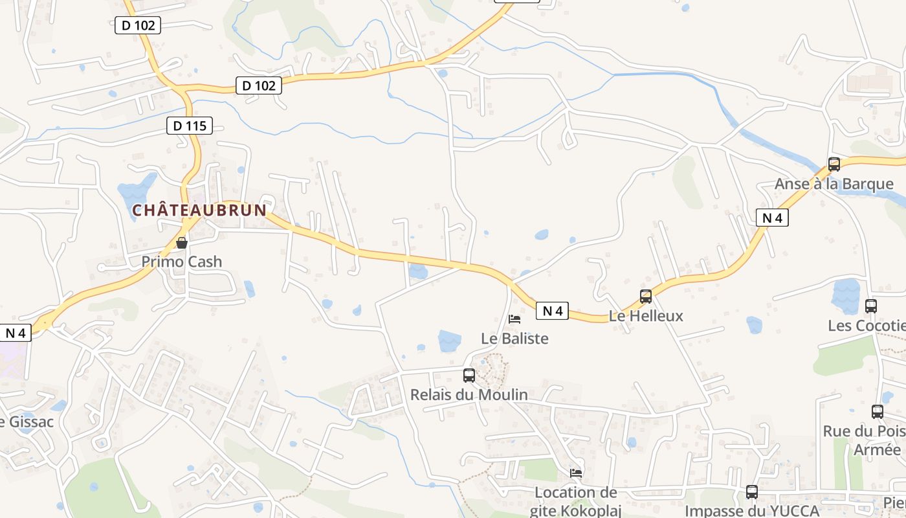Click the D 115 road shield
pyautogui.click(x=190, y=126)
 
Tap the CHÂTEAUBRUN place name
pyautogui.click(x=199, y=210)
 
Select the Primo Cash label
pyautogui.click(x=182, y=262)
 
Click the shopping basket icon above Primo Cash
pyautogui.click(x=182, y=243)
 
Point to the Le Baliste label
pyautogui.click(x=515, y=338)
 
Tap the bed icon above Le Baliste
pyautogui.click(x=514, y=319)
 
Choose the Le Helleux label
pyautogui.click(x=646, y=316)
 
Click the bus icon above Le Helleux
pyautogui.click(x=646, y=297)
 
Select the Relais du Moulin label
pyautogui.click(x=469, y=394)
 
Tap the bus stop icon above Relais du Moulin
pyautogui.click(x=469, y=375)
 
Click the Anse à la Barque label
pyautogui.click(x=834, y=184)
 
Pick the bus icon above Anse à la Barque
pyautogui.click(x=834, y=164)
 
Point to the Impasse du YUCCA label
pyautogui.click(x=752, y=511)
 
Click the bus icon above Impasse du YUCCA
pyautogui.click(x=752, y=492)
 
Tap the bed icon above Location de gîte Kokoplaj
pyautogui.click(x=576, y=473)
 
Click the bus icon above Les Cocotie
pyautogui.click(x=871, y=306)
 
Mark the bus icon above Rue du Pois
pyautogui.click(x=878, y=411)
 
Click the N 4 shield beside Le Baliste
pyautogui.click(x=552, y=311)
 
